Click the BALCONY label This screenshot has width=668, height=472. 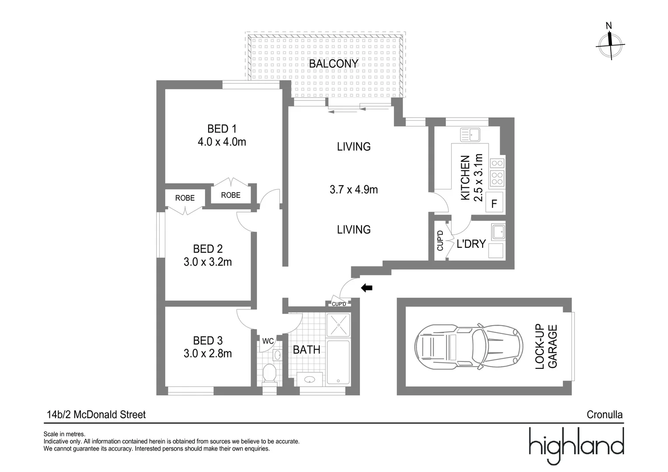[333, 64]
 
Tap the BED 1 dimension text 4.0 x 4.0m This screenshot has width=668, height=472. [222, 142]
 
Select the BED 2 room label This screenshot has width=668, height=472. [208, 249]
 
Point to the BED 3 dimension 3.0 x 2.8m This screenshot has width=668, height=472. [208, 354]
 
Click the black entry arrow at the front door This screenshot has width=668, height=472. [366, 288]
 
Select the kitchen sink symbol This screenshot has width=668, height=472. [470, 135]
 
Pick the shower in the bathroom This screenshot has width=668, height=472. [338, 325]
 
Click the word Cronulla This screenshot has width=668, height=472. [604, 415]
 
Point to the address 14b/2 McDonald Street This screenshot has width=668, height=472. [96, 415]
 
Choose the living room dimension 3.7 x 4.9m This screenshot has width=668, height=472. [354, 190]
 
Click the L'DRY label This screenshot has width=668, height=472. [471, 244]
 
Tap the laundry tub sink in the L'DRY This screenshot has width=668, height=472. [498, 232]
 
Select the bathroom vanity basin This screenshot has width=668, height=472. [310, 379]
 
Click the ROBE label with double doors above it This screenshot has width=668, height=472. [230, 195]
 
